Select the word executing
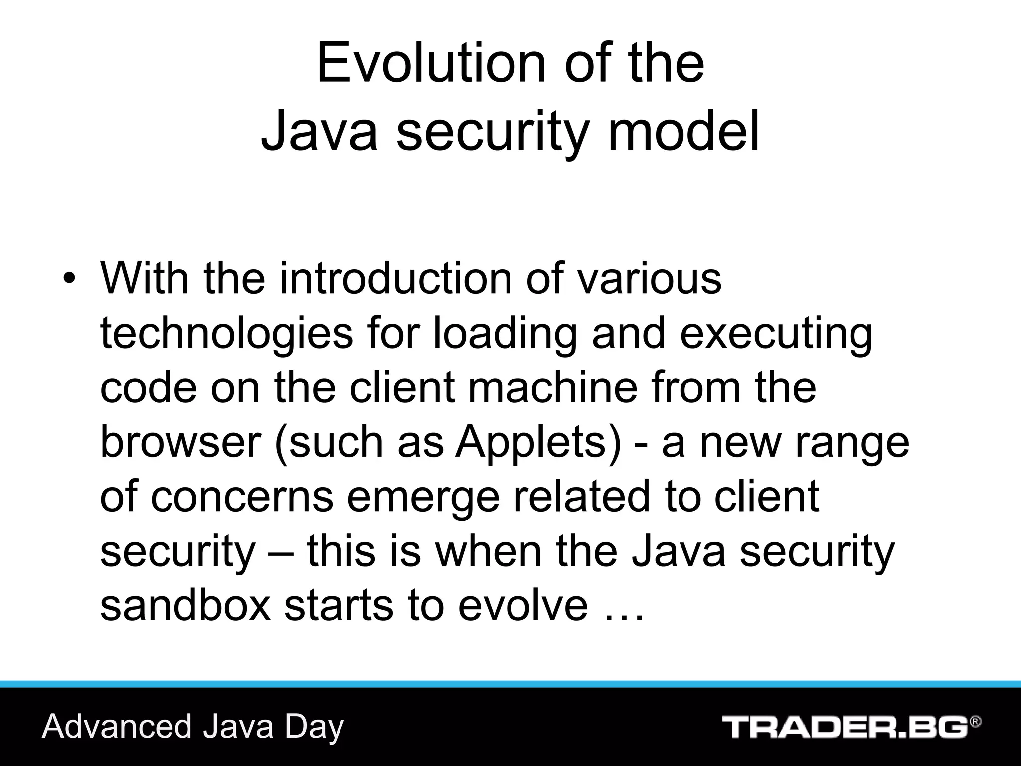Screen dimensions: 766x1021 [776, 333]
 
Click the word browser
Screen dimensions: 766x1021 [180, 442]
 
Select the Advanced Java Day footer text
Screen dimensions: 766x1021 [193, 726]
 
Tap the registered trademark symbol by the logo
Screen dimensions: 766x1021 [976, 722]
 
